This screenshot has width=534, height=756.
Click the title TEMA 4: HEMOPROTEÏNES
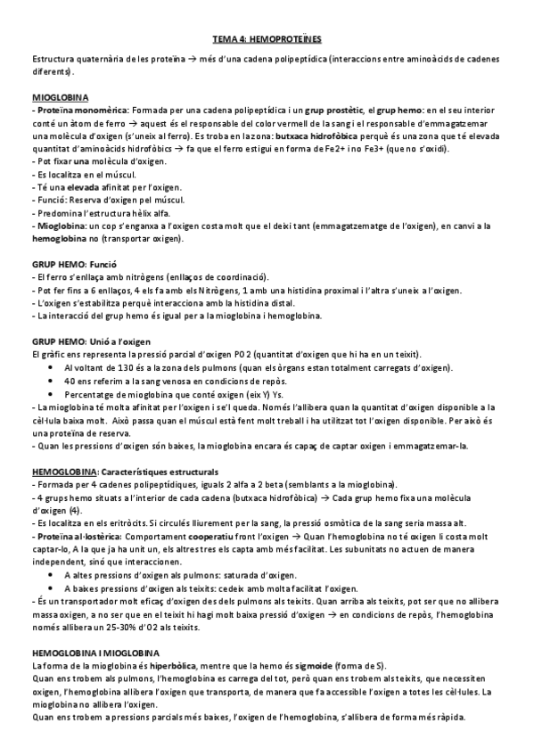(x=267, y=40)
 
